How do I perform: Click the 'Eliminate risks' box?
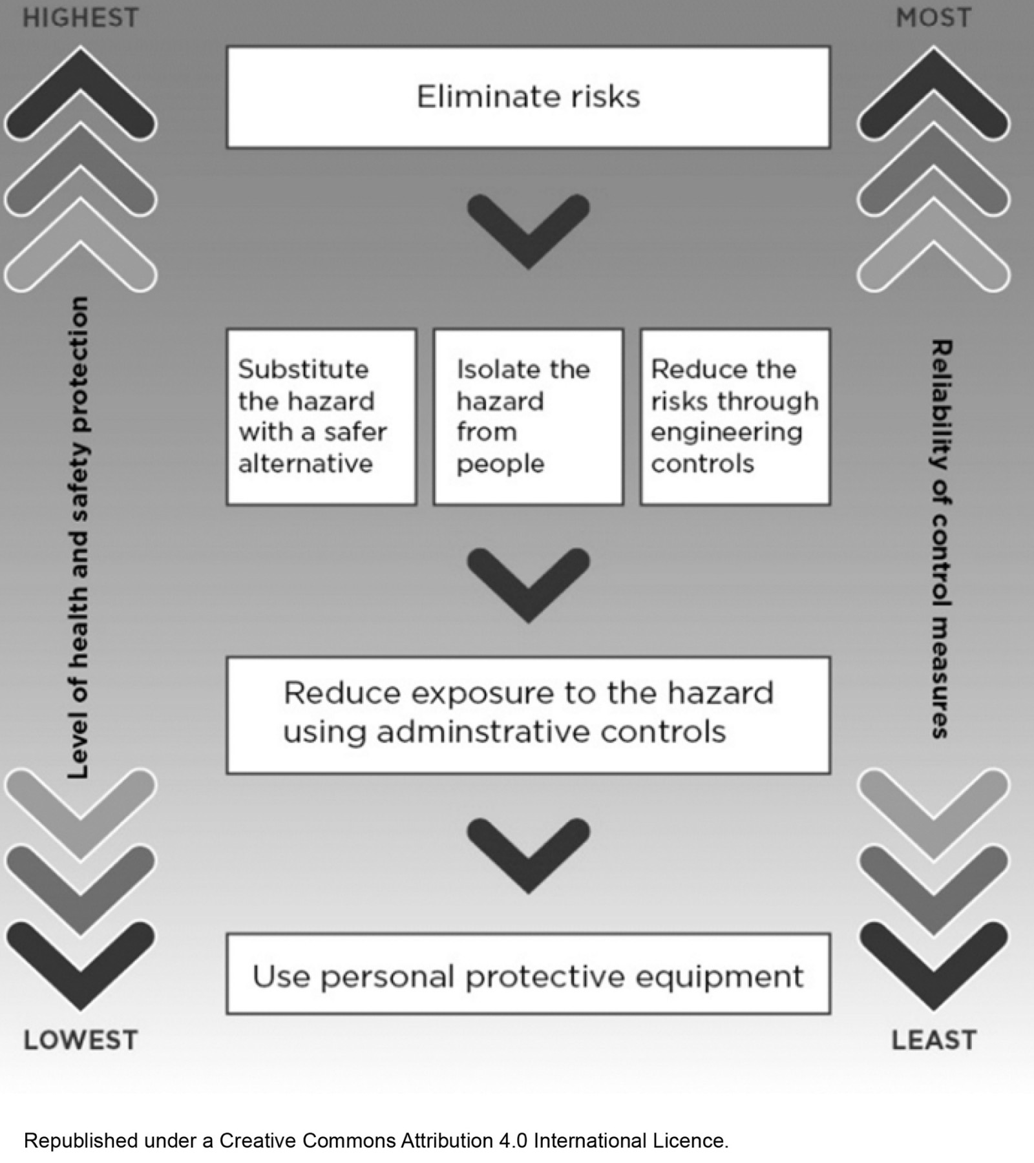[x=528, y=97]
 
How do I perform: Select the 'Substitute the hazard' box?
[x=321, y=417]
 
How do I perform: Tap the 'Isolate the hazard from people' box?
[x=528, y=417]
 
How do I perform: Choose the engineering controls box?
[x=735, y=417]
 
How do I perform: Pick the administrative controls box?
[x=528, y=715]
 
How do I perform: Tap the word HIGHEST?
[x=81, y=18]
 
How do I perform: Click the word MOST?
[x=933, y=18]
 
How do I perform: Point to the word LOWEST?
[x=81, y=1040]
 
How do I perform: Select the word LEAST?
[x=934, y=1040]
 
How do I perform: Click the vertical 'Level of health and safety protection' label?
[x=78, y=536]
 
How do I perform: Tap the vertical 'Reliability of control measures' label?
[x=940, y=540]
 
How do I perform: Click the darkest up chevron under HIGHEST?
[x=81, y=90]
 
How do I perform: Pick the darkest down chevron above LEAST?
[x=933, y=963]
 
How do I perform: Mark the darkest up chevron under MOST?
[x=933, y=90]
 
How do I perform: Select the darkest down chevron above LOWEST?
[x=81, y=963]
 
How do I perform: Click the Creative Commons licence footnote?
[x=376, y=1140]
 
